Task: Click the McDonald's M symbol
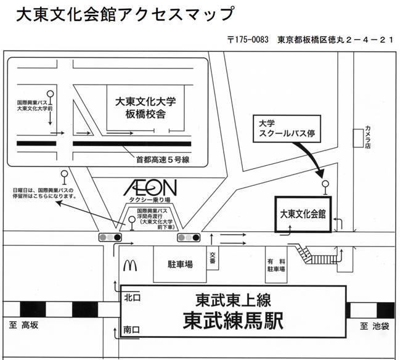pyautogui.click(x=130, y=264)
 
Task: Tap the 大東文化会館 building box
pyautogui.click(x=303, y=213)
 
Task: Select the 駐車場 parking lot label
pyautogui.click(x=180, y=264)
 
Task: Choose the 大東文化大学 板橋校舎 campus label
pyautogui.click(x=146, y=108)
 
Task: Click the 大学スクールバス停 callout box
pyautogui.click(x=288, y=128)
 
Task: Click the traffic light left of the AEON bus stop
pyautogui.click(x=110, y=237)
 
